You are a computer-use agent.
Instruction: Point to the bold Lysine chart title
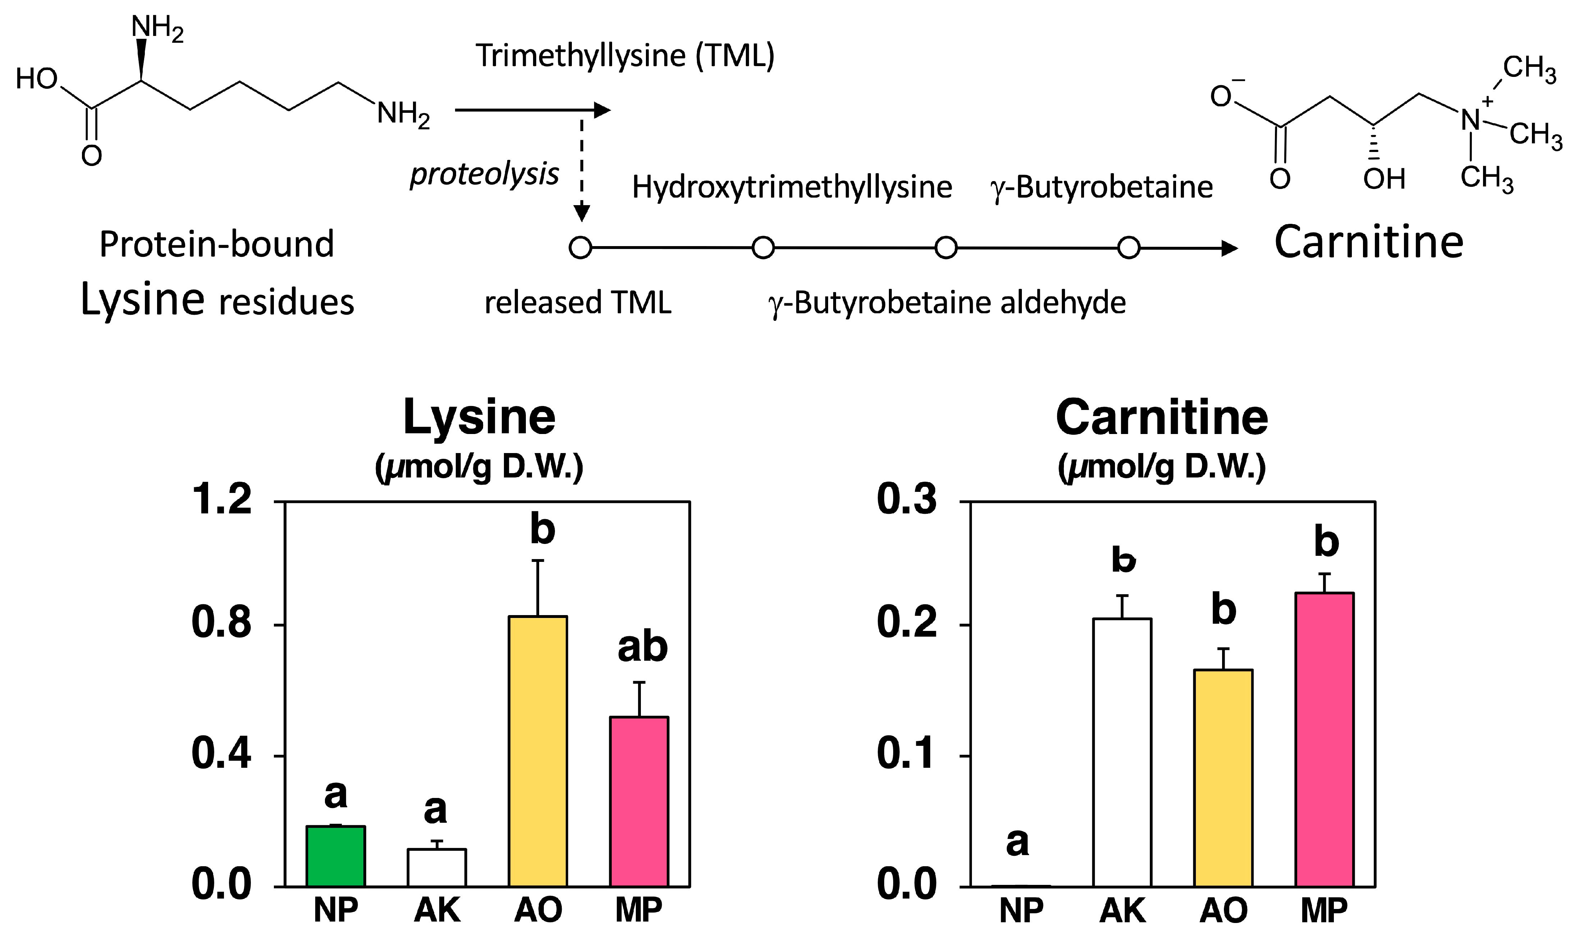coord(479,417)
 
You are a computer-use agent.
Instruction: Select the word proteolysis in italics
coord(485,174)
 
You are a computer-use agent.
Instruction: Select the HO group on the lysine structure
coord(37,79)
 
